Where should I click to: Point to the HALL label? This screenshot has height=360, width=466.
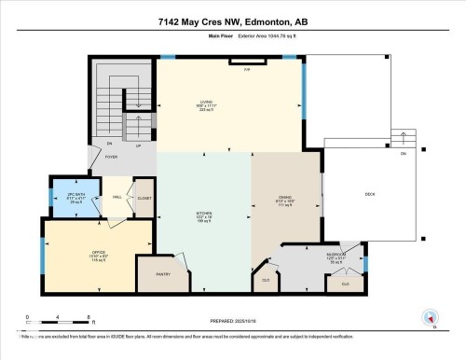pos(118,198)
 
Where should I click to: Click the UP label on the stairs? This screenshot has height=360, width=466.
pos(139,146)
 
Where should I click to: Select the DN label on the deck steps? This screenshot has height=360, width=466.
pos(403,153)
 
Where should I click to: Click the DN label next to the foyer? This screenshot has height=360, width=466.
pos(109,144)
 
